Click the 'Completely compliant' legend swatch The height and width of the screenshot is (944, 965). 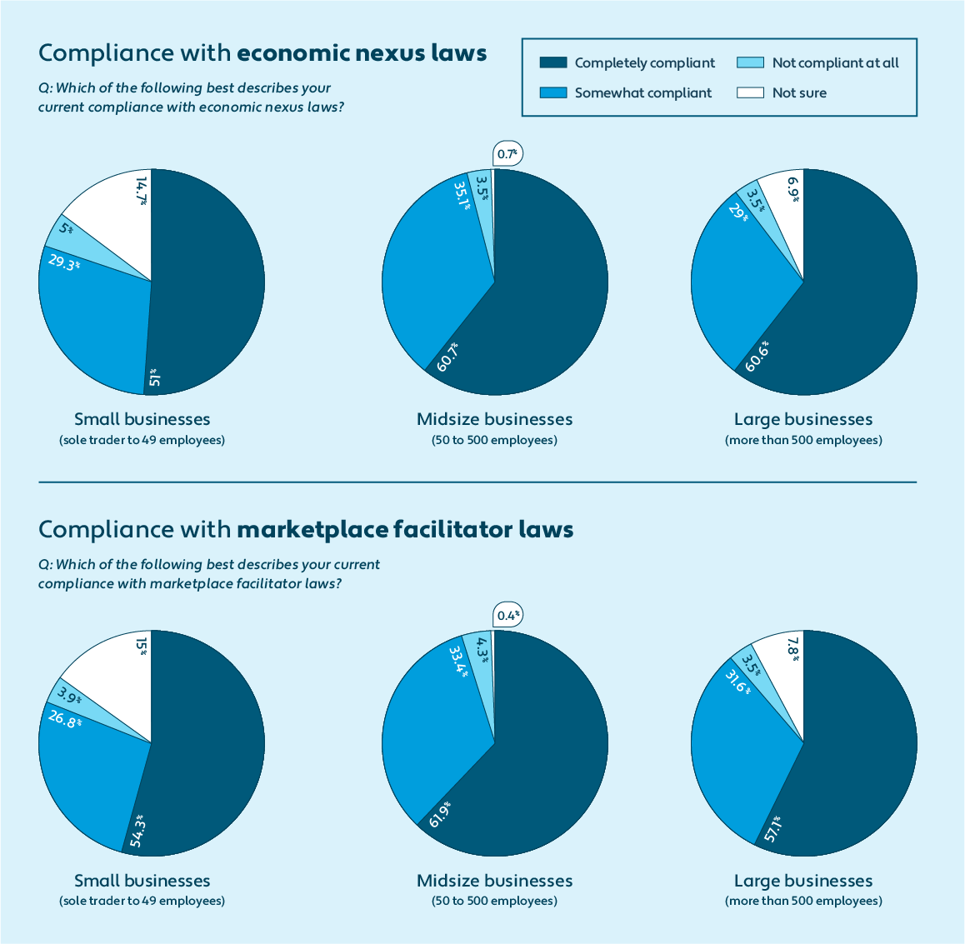(553, 62)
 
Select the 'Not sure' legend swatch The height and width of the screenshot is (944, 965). (750, 92)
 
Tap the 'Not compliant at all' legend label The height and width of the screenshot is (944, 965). (835, 62)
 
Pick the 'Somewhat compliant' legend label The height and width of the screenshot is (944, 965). (642, 92)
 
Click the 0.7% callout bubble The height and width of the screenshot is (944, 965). (507, 154)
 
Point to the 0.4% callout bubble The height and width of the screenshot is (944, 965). (507, 616)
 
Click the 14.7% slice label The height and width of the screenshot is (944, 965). (142, 190)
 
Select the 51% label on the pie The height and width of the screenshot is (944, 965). (154, 378)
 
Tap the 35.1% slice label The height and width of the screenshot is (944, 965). (462, 195)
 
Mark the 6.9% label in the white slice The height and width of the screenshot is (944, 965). (793, 189)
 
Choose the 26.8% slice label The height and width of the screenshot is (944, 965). (64, 717)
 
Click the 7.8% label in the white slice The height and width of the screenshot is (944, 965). (793, 649)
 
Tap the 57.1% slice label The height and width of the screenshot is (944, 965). (772, 829)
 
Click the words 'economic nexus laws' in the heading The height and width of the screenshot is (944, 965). (362, 53)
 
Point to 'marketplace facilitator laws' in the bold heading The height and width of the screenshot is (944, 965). (405, 530)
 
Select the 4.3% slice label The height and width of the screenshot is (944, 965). (480, 650)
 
